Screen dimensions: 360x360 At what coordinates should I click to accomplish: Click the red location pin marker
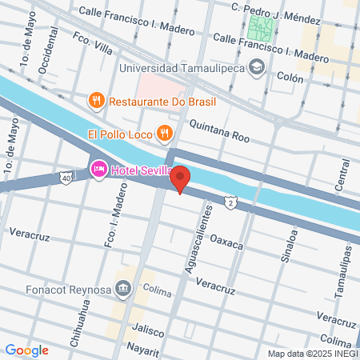click(x=181, y=178)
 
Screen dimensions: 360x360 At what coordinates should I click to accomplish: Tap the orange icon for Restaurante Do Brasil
click(x=96, y=101)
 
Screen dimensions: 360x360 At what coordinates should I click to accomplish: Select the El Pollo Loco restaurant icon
click(x=164, y=132)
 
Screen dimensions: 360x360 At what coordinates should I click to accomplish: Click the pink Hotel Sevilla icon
click(x=99, y=169)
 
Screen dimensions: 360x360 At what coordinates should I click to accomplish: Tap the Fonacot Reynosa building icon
click(x=123, y=287)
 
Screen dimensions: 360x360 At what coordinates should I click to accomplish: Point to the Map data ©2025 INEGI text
click(x=312, y=354)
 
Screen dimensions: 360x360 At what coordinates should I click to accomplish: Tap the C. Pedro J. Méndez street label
click(x=270, y=7)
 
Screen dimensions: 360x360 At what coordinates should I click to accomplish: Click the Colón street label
click(x=290, y=78)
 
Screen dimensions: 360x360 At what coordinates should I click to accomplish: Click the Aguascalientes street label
click(x=199, y=237)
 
